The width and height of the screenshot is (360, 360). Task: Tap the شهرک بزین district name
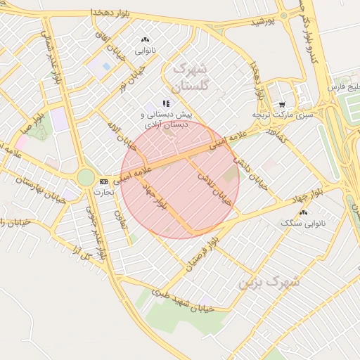click(268, 283)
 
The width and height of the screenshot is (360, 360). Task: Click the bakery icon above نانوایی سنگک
click(304, 212)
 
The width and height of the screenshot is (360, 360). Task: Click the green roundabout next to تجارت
click(86, 177)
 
